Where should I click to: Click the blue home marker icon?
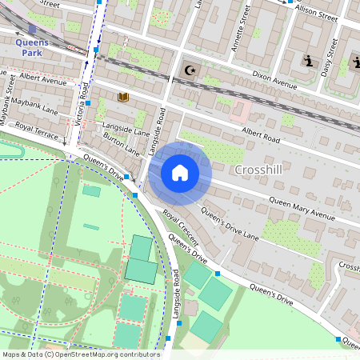point(180,173)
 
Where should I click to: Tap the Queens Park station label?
point(32,47)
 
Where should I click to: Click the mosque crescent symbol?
point(190,70)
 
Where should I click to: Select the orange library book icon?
point(123,98)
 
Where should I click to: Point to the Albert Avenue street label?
point(42,78)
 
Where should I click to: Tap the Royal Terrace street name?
point(37,130)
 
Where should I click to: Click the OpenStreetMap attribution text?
point(80,354)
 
